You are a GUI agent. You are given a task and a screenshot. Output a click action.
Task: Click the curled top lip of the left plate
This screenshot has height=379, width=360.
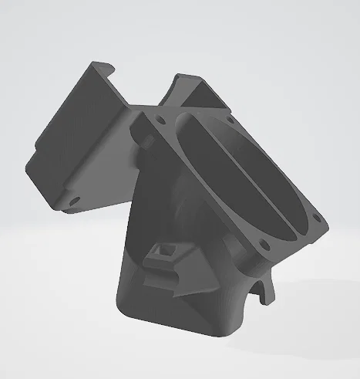point(100,69)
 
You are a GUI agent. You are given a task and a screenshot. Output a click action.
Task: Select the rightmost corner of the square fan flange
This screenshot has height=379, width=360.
point(328,224)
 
